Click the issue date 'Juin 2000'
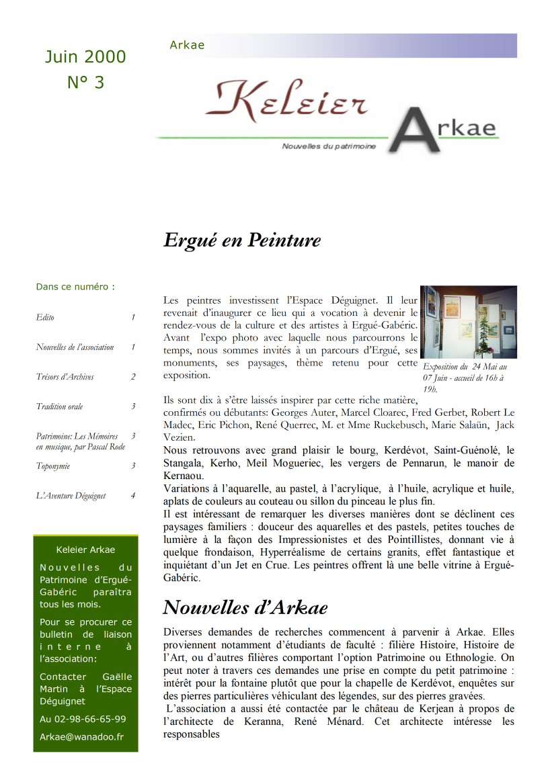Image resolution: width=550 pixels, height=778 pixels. tap(85, 57)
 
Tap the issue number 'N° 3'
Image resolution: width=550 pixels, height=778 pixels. tap(85, 83)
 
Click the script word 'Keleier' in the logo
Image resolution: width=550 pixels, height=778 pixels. tap(287, 102)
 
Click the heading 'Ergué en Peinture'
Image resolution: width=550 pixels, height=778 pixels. tap(242, 241)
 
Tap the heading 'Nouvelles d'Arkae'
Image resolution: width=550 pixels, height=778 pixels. tap(245, 608)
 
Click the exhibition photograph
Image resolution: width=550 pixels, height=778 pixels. tap(469, 322)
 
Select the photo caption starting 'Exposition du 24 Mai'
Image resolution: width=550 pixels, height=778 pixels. tap(465, 378)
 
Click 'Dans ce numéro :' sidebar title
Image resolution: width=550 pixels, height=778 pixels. tap(75, 287)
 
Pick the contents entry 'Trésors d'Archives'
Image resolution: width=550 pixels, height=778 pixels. tap(65, 377)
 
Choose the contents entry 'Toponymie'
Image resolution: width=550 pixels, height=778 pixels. tap(53, 466)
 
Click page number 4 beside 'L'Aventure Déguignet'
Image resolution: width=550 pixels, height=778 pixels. tap(133, 496)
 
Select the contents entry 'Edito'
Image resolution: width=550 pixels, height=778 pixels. tap(45, 317)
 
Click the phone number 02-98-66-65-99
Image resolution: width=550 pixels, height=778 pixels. tap(83, 719)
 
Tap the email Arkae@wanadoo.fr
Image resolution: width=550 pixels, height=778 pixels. tap(81, 736)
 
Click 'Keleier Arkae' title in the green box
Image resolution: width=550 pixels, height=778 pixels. tap(85, 550)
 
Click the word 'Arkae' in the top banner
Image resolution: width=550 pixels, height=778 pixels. tap(187, 46)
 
